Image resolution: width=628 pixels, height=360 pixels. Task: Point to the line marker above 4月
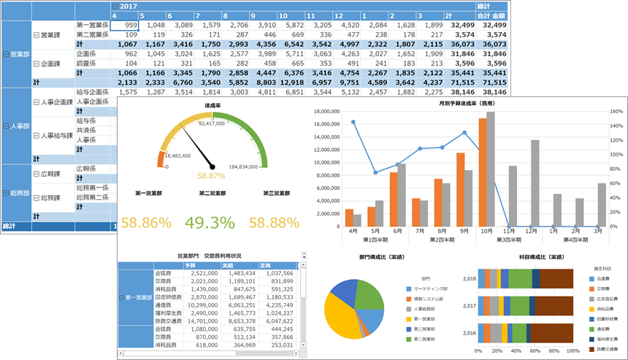(x=353, y=123)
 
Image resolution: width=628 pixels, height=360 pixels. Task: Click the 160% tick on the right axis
(x=615, y=112)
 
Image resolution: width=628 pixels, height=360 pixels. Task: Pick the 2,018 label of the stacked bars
(x=470, y=278)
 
